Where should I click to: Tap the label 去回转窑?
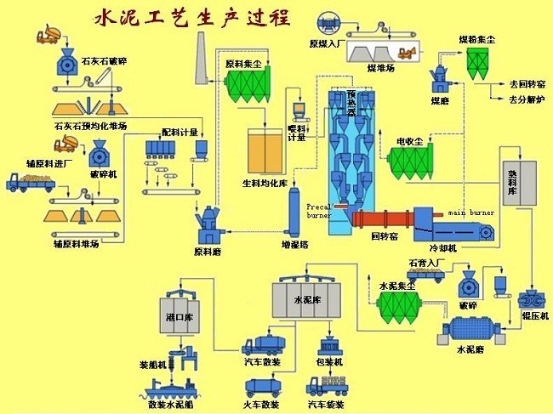525,84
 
